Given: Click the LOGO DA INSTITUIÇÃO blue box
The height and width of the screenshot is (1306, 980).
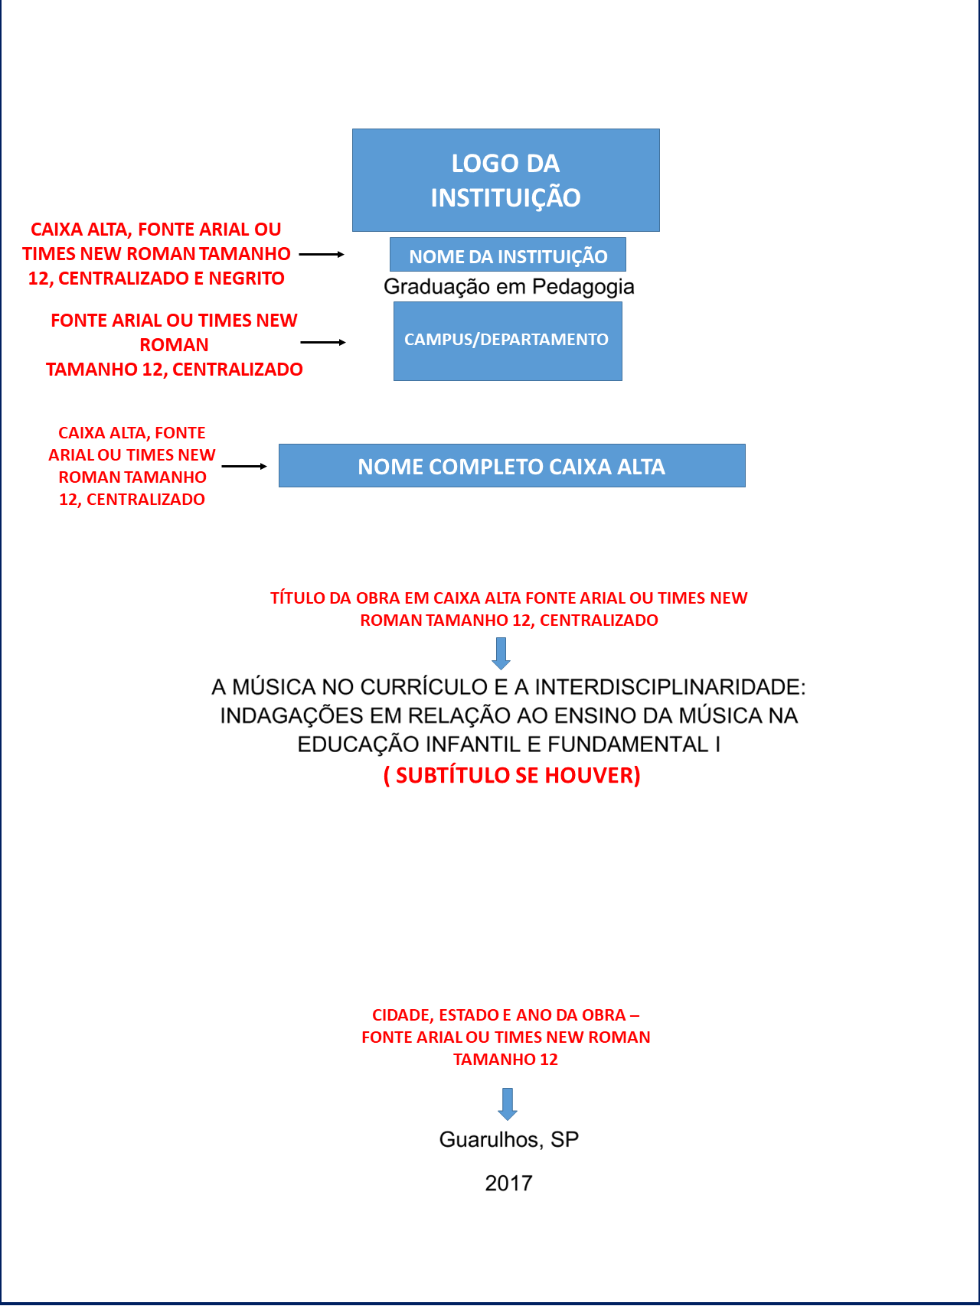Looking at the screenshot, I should point(505,180).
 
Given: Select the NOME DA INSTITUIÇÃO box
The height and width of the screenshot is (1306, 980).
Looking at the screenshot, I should point(508,255).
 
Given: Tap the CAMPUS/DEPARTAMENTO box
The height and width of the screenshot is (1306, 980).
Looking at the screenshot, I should point(507,341).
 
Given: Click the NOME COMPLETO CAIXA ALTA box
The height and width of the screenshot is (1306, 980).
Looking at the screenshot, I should point(511,466).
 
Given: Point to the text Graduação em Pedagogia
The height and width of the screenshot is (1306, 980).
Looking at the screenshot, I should point(508,287).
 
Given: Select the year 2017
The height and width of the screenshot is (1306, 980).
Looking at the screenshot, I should point(508,1183).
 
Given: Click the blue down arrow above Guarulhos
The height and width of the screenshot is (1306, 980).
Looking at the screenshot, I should point(508,1104).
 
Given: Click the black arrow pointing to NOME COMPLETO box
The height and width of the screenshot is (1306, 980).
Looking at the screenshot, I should point(244,466).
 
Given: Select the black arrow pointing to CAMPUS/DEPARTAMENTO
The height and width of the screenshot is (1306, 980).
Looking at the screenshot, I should point(323,343).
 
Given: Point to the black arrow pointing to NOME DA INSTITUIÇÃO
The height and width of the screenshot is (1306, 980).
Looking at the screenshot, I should point(322,254).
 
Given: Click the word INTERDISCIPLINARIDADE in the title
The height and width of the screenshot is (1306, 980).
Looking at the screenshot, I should point(670,687).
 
